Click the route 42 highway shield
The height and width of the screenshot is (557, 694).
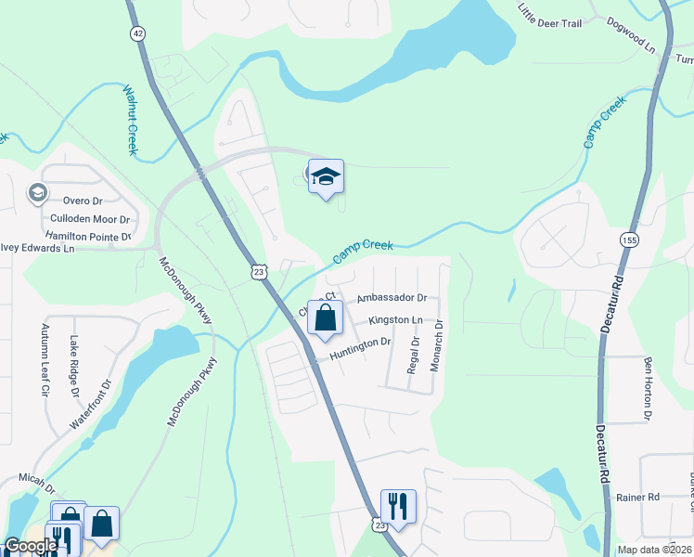(137, 32)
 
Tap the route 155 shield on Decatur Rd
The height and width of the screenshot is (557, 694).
(629, 239)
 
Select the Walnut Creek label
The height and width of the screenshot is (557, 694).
(130, 120)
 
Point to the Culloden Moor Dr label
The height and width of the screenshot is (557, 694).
(90, 219)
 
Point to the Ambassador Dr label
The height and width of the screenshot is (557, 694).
(392, 298)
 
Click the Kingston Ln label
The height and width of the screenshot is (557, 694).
(395, 320)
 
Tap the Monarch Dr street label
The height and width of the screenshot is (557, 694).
(436, 346)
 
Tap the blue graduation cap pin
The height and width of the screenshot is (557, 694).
(326, 177)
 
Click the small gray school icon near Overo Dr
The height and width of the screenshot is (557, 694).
(37, 193)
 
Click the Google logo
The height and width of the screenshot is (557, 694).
(30, 547)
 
